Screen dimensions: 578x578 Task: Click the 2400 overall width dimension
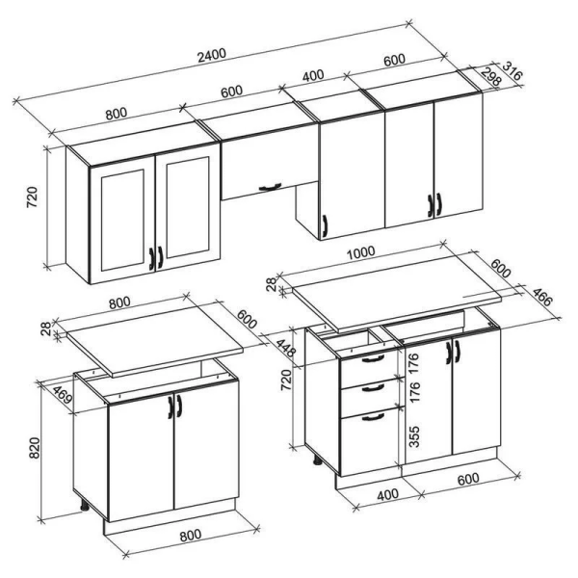[212, 55]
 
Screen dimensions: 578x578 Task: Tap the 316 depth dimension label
[512, 71]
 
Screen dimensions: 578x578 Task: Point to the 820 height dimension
[34, 448]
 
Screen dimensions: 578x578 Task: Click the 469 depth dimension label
[62, 394]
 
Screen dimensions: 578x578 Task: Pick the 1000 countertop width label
[360, 252]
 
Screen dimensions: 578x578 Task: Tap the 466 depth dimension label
[542, 298]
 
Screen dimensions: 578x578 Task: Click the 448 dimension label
[286, 349]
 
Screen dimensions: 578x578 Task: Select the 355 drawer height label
[414, 436]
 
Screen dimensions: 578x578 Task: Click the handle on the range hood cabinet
[270, 187]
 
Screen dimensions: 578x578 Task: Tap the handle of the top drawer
[373, 358]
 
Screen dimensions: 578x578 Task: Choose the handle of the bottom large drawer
[373, 417]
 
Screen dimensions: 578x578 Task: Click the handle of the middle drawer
[373, 387]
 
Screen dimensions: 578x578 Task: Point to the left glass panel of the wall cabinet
[122, 220]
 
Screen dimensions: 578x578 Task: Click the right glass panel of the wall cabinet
[188, 207]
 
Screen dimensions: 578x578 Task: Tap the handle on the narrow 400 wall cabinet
[325, 225]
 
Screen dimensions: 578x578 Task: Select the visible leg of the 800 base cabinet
[85, 505]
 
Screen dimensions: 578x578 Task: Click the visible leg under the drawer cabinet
[317, 460]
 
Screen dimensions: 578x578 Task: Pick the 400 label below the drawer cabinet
[388, 495]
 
